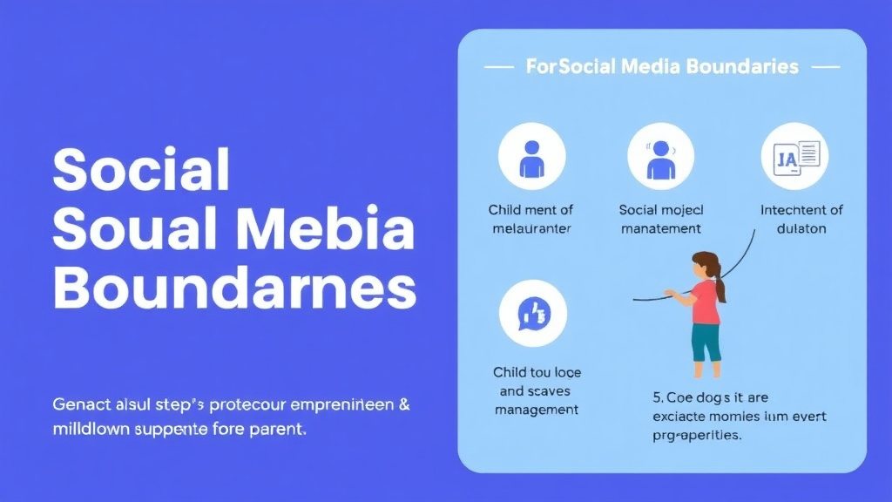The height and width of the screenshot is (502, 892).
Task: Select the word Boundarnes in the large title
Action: point(234,288)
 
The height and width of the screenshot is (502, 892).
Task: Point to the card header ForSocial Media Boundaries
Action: point(662,66)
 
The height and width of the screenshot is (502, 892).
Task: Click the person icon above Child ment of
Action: point(531,157)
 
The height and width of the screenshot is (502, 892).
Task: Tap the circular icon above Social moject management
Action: point(660,157)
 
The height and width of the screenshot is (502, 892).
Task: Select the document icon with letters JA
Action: point(794,157)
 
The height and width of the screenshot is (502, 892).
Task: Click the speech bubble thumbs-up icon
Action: point(532,314)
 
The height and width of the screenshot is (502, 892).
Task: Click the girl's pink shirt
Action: point(706,302)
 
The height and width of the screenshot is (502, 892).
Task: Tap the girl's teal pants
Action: point(706,342)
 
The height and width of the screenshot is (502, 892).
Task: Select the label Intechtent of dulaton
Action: point(801,219)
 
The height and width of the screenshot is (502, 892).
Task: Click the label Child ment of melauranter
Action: point(530,219)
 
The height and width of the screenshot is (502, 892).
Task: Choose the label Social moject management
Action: point(660,219)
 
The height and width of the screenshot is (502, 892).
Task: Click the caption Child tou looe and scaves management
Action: point(537,390)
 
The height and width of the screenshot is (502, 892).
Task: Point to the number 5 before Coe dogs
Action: point(657,397)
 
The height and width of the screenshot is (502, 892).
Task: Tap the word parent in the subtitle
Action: point(280,430)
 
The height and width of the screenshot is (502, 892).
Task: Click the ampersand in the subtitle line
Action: point(404,405)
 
